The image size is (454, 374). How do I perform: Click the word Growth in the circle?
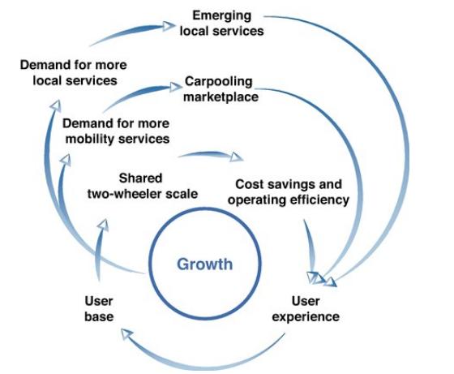204,264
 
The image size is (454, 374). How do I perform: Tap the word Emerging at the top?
222,15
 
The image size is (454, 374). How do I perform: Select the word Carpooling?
219,82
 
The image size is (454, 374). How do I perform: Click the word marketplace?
221,97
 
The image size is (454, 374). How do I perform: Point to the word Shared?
140,178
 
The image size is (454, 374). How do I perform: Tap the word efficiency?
319,200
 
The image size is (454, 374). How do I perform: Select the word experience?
306,316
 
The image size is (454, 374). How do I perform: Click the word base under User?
99,316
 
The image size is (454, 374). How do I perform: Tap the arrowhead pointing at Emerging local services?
169,26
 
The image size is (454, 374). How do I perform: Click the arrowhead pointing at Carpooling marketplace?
176,87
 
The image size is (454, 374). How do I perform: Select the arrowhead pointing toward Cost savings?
237,157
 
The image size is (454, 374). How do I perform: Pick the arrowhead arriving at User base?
126,334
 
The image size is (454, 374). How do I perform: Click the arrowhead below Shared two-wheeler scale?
104,225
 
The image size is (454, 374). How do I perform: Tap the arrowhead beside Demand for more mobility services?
66,160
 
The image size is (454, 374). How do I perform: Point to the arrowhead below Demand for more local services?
56,105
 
